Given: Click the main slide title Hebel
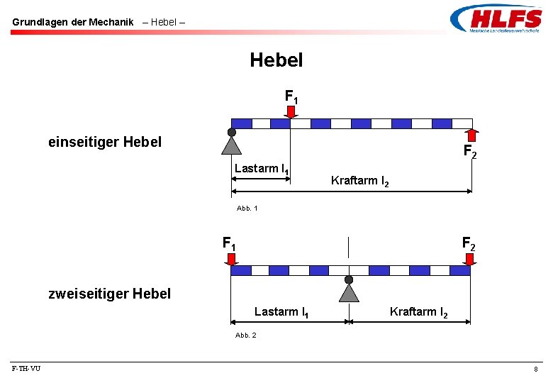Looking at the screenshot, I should click(x=276, y=60).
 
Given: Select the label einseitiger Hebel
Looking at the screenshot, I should click(x=105, y=142).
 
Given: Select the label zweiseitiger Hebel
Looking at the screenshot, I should click(x=110, y=293).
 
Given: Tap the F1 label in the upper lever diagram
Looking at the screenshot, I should click(x=291, y=96).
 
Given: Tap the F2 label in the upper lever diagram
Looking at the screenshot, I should click(x=469, y=151).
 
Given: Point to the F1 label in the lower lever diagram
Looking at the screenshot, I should click(x=229, y=243).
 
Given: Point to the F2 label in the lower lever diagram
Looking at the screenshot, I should click(x=469, y=243).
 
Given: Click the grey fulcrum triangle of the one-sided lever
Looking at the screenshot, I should click(x=231, y=145).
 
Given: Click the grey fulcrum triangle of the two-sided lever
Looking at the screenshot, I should click(x=349, y=292).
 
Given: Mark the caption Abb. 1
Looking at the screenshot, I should click(x=247, y=209).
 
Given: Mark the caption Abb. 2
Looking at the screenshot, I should click(x=246, y=335).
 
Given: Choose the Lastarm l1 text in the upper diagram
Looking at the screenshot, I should click(x=260, y=169).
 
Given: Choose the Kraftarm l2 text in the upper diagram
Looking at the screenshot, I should click(x=359, y=181).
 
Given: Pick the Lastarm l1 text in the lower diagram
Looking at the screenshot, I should click(x=280, y=312).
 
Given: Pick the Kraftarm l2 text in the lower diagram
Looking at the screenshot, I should click(x=418, y=312).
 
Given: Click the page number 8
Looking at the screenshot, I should click(x=536, y=370).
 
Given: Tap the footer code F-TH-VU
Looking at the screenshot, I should click(x=26, y=369).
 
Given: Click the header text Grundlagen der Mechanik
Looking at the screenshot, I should click(x=72, y=22).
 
